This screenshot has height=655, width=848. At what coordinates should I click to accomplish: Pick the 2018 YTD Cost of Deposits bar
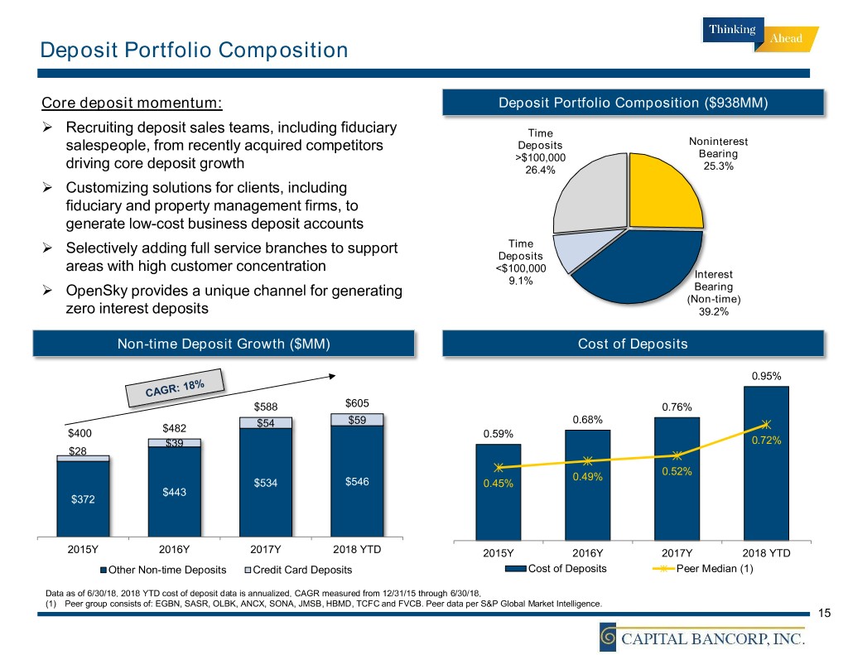point(766,464)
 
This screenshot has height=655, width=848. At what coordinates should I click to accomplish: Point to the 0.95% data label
point(766,375)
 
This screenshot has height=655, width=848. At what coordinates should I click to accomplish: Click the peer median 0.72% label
point(766,441)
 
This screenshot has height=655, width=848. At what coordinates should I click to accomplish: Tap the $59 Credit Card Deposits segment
point(359,420)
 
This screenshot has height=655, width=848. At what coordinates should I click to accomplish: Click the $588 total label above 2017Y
point(266,406)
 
